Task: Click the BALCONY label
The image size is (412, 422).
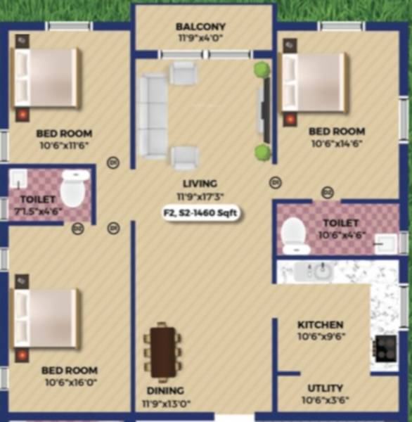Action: pos(200,27)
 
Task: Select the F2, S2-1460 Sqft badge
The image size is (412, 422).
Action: pos(200,213)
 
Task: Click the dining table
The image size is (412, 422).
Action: pos(163,351)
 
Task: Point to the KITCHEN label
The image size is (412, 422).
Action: pos(320,325)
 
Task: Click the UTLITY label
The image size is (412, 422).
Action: pos(325,388)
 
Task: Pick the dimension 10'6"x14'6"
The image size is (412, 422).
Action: pos(337,143)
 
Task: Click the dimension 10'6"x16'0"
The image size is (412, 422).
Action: pos(69,383)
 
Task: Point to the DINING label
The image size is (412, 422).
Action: pos(165,390)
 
